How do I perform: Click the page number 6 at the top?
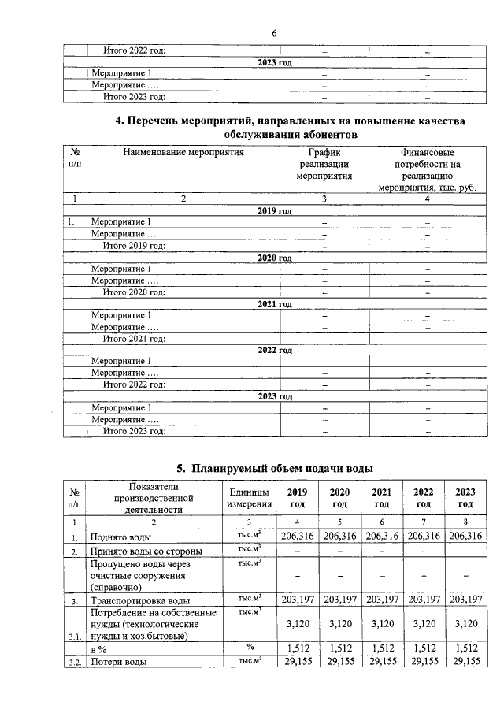coord(274,33)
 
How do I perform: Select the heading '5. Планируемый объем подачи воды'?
coord(274,468)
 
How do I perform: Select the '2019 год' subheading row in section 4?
coord(274,211)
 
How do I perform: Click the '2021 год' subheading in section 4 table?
coord(274,304)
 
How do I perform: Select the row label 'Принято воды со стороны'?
coord(146,551)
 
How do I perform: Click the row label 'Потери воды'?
coord(119,662)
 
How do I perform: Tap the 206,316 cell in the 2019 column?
coord(298,536)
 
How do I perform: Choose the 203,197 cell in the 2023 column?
coord(465,600)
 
